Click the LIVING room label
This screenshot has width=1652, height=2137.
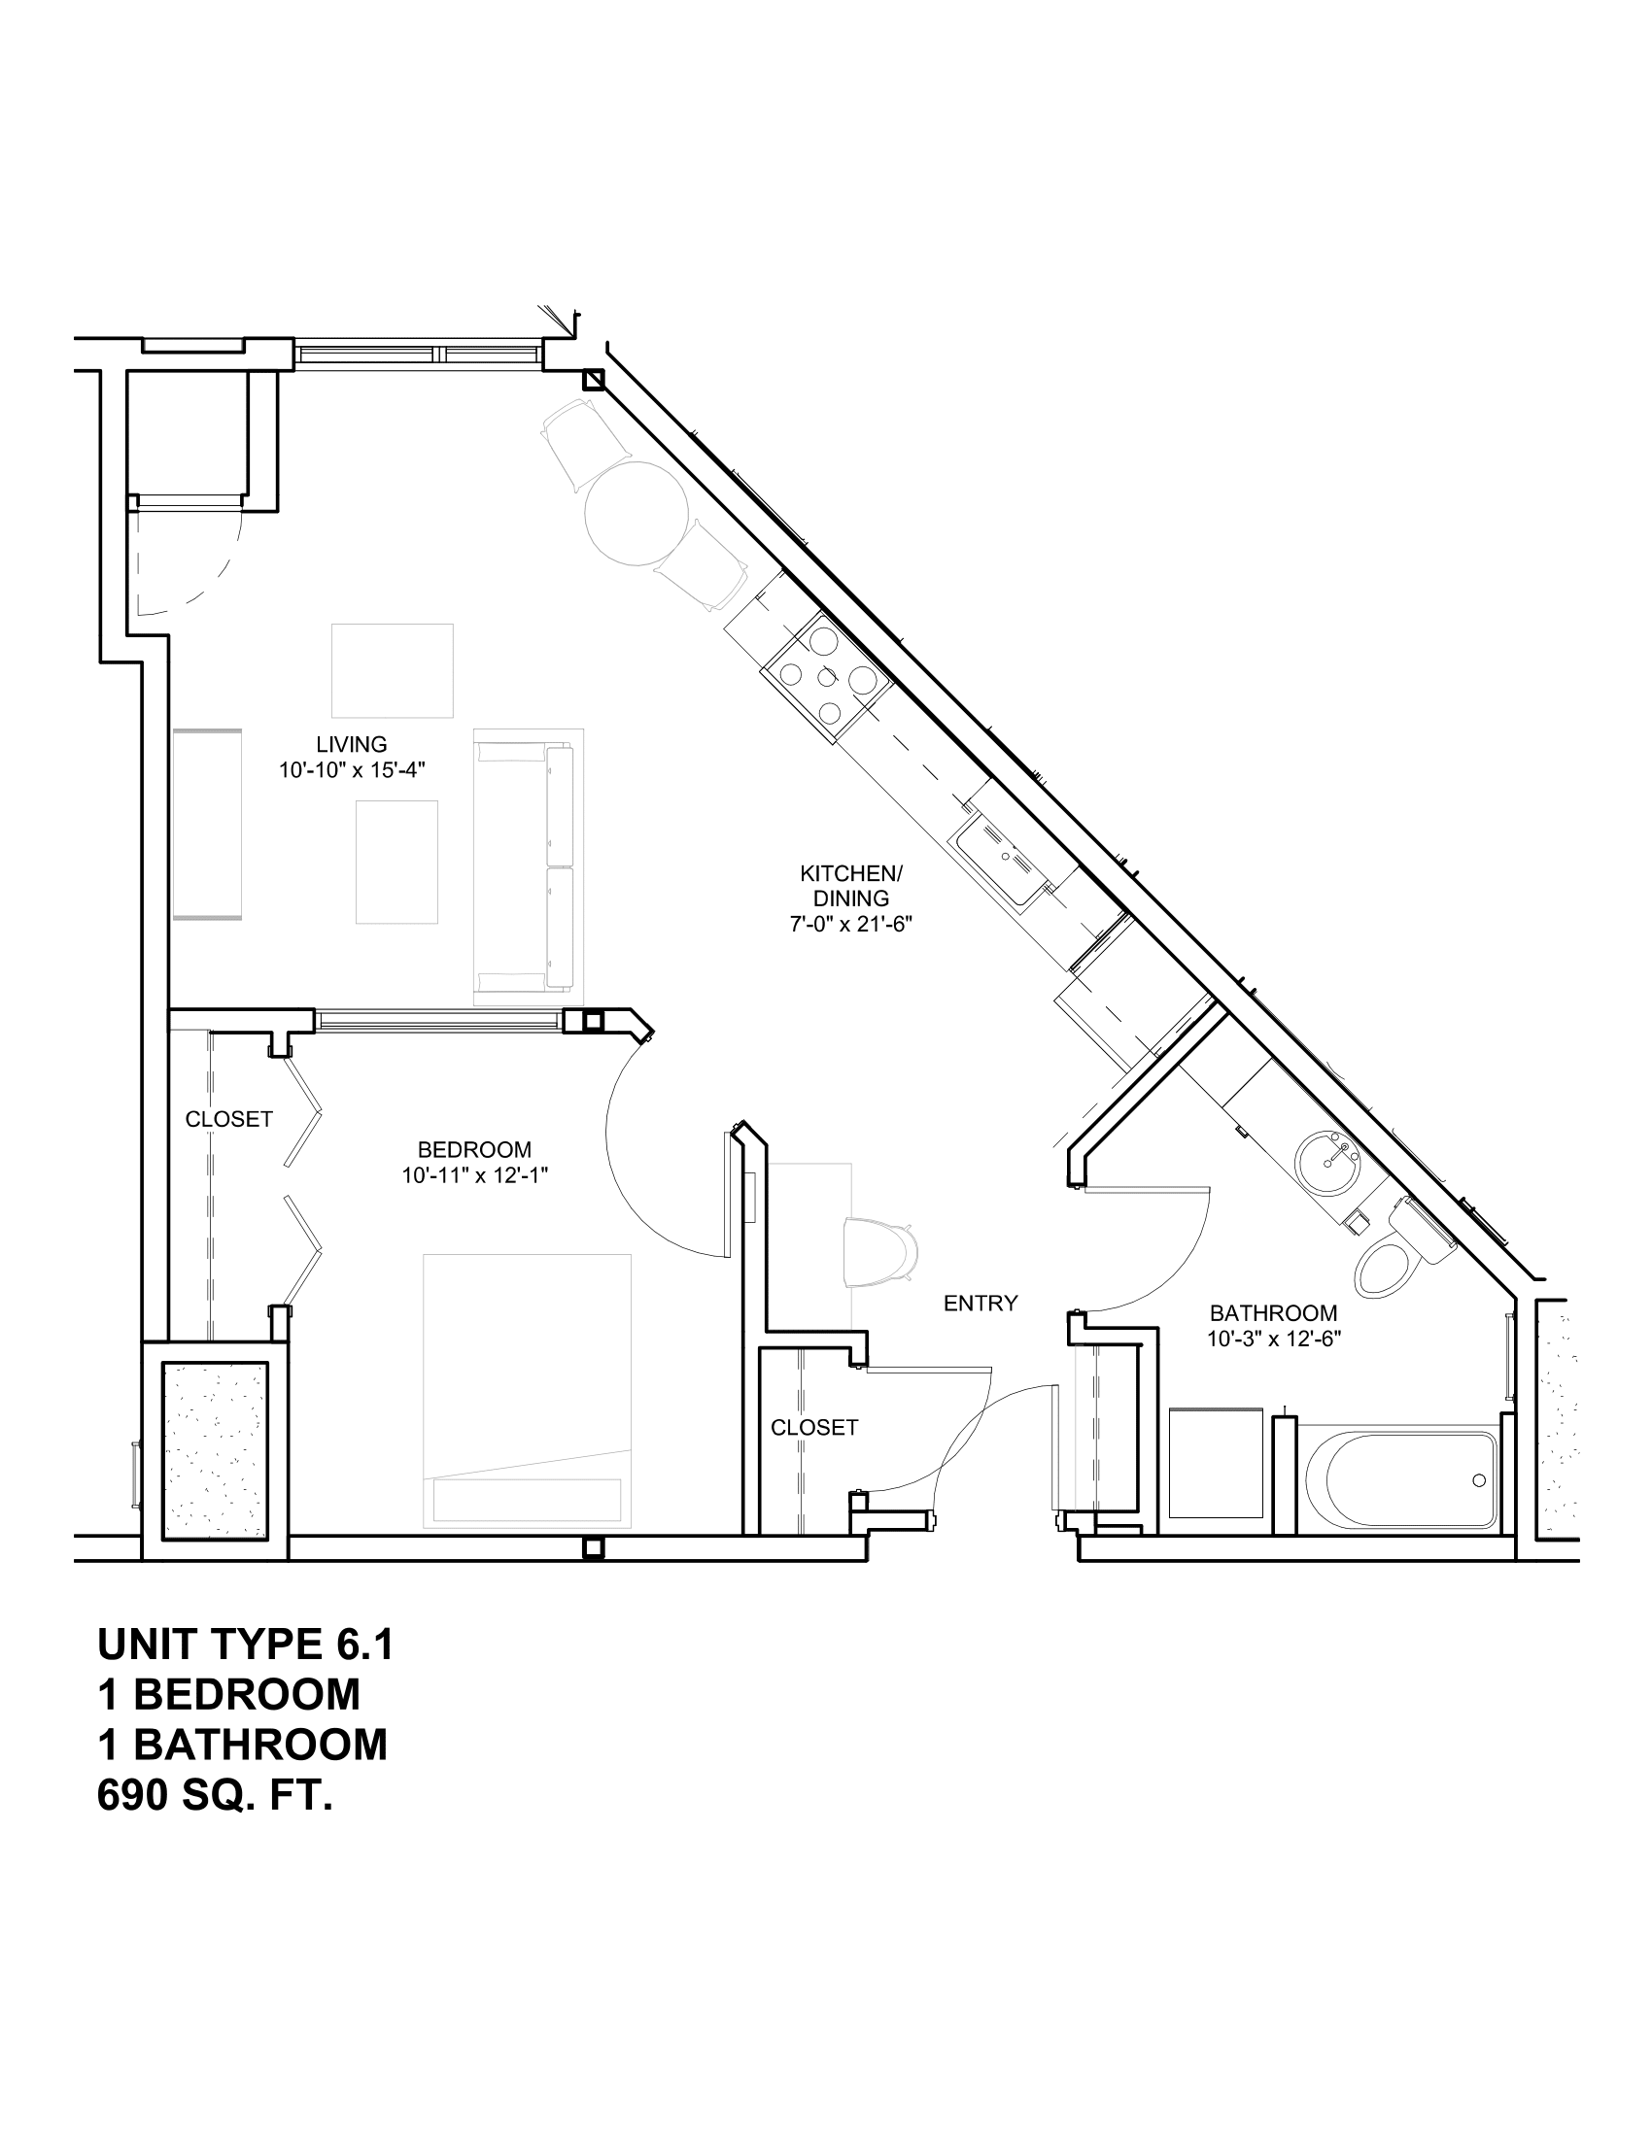352,745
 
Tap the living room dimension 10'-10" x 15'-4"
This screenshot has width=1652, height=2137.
352,770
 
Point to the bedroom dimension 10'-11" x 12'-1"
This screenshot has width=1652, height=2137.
473,1176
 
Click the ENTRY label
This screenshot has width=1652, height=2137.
981,1304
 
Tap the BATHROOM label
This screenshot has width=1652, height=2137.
1273,1313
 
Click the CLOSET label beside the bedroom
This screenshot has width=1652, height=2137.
229,1119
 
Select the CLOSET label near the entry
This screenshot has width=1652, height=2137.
814,1428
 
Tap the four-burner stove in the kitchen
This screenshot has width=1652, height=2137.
828,678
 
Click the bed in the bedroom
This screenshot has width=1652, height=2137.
528,1389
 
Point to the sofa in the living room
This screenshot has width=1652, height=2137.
529,866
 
